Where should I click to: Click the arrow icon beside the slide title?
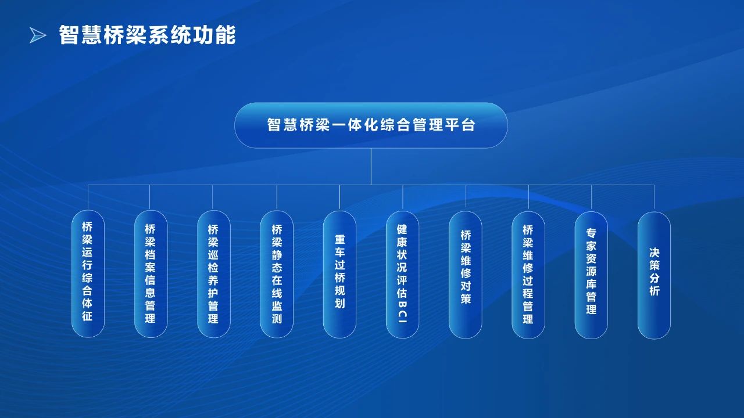(x=38, y=35)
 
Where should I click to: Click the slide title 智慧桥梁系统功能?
(x=148, y=35)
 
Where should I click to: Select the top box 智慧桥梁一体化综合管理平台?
(x=371, y=125)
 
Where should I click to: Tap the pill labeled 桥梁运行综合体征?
(x=88, y=273)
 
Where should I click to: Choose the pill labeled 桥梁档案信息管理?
(x=151, y=273)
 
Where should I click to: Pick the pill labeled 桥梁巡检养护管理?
(x=213, y=274)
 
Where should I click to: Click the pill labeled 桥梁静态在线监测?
(x=277, y=274)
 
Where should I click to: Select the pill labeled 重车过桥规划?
(x=339, y=275)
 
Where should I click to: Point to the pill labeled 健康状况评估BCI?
(x=403, y=275)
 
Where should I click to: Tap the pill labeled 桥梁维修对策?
(x=466, y=275)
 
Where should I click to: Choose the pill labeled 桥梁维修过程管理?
(x=528, y=275)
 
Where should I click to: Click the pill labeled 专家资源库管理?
(x=591, y=275)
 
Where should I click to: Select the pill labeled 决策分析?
(x=654, y=275)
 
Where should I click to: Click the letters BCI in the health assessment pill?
(x=402, y=312)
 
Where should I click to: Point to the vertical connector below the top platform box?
(x=371, y=166)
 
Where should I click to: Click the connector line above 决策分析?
(x=654, y=198)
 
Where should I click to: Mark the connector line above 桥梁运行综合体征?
(x=88, y=197)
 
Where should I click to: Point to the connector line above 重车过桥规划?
(x=339, y=198)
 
